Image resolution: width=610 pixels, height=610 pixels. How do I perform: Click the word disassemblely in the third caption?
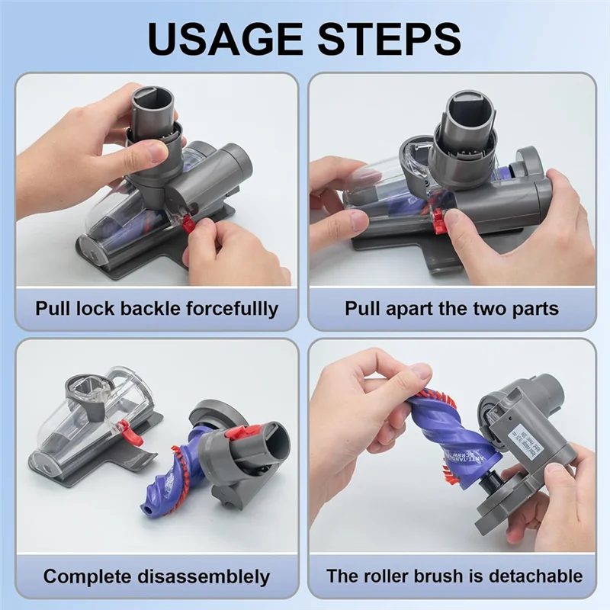201,576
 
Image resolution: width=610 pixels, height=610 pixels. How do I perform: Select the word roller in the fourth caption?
404,576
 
